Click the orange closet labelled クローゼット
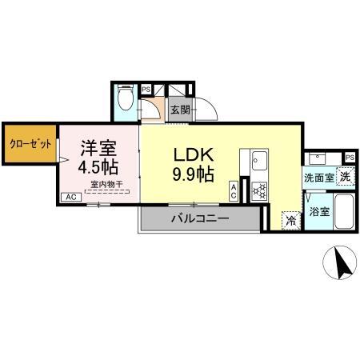tap(30, 145)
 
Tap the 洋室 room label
tap(98, 147)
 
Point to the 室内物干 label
tap(106, 184)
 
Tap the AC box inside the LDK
tap(233, 190)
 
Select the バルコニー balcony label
tap(200, 218)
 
